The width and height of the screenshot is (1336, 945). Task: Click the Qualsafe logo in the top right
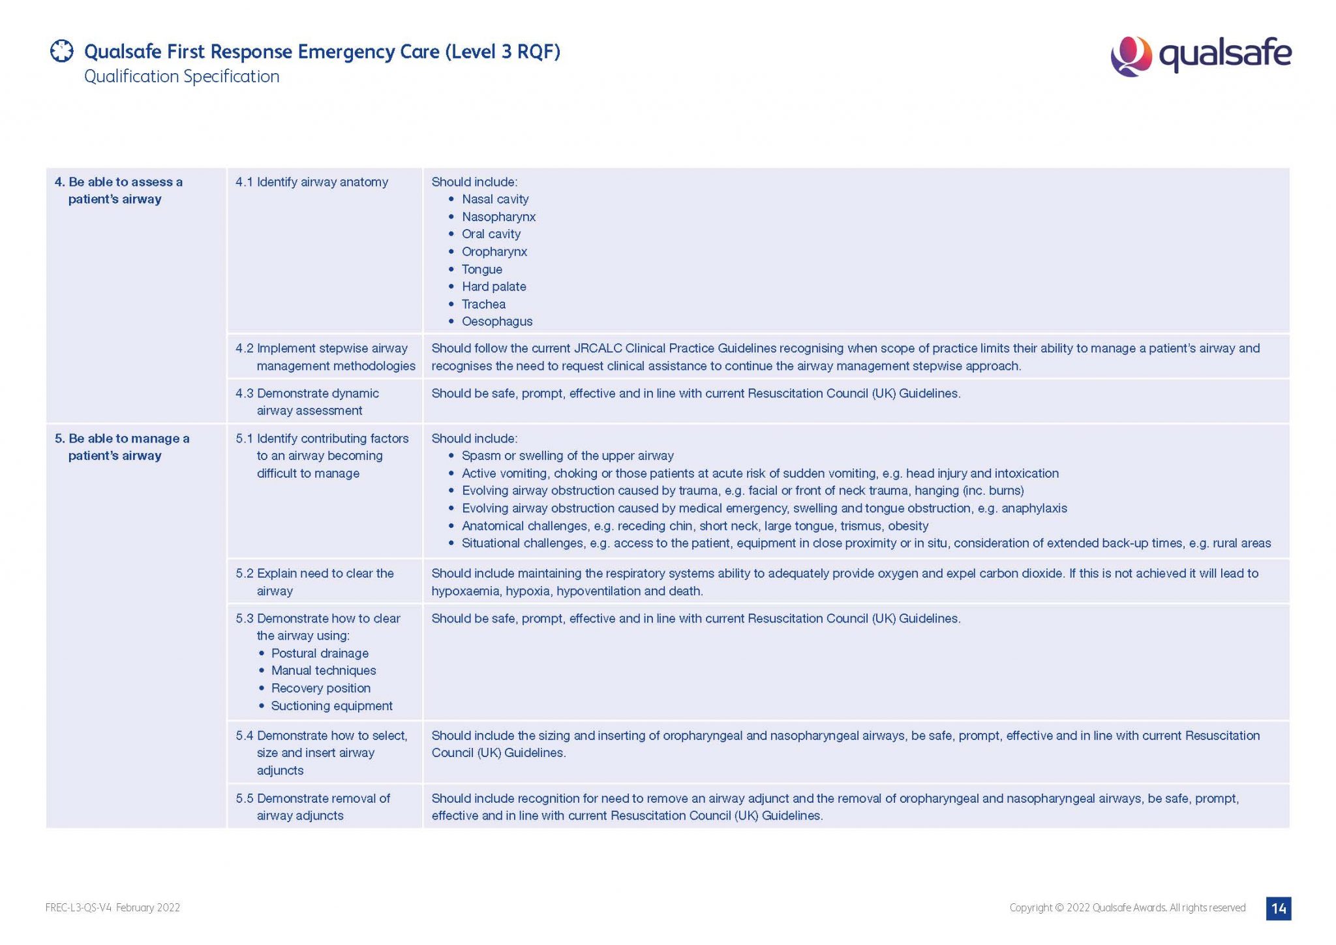pyautogui.click(x=1200, y=55)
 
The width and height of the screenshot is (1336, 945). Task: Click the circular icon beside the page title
pyautogui.click(x=62, y=51)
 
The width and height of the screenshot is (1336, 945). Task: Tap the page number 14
pyautogui.click(x=1279, y=908)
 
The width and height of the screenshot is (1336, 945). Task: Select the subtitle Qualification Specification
pyautogui.click(x=181, y=76)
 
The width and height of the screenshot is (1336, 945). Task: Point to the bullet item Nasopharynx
pyautogui.click(x=498, y=217)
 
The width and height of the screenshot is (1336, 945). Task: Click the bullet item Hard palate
pyautogui.click(x=494, y=287)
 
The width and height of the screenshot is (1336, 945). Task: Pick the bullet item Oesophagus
pyautogui.click(x=497, y=321)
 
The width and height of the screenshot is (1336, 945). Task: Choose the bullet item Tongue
pyautogui.click(x=482, y=269)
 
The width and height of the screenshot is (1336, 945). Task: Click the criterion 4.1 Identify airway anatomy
pyautogui.click(x=312, y=182)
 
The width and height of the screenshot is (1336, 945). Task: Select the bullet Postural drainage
pyautogui.click(x=320, y=653)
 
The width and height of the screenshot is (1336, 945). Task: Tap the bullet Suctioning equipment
pyautogui.click(x=331, y=705)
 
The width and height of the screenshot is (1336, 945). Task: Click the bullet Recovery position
pyautogui.click(x=320, y=688)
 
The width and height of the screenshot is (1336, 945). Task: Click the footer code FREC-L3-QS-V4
pyautogui.click(x=79, y=908)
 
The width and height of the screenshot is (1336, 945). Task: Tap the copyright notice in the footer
pyautogui.click(x=1127, y=908)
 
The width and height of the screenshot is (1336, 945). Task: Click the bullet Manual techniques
pyautogui.click(x=324, y=670)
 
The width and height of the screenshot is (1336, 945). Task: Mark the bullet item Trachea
pyautogui.click(x=483, y=304)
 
